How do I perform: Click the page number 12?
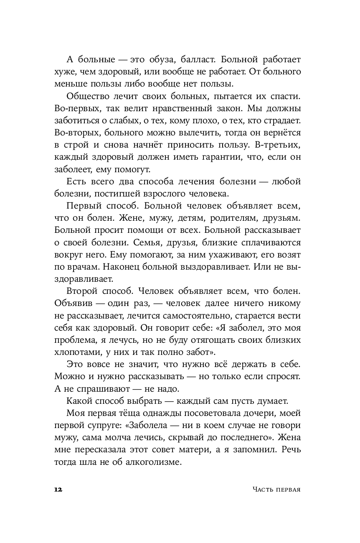pyautogui.click(x=58, y=489)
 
